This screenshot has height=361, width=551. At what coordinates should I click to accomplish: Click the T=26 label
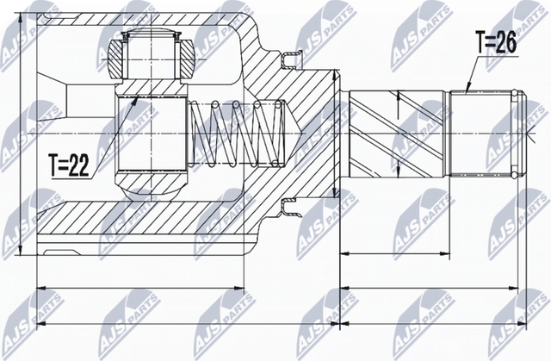pos(496,42)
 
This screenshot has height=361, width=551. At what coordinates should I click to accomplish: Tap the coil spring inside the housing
pos(238,134)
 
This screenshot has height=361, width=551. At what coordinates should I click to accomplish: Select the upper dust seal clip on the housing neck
pos(292,60)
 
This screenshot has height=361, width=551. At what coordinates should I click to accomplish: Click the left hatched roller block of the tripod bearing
pos(117,59)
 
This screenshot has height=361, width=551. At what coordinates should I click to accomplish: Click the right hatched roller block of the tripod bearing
pos(185,59)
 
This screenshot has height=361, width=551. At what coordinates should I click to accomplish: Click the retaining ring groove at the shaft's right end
pos(516,134)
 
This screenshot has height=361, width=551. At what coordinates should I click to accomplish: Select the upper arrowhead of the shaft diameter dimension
pos(398,95)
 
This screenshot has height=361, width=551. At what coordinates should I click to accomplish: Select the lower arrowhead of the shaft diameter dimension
pos(398,172)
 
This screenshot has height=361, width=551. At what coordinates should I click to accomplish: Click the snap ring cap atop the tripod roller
pos(152,34)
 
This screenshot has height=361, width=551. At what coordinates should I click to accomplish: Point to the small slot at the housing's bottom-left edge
pos(60,252)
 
